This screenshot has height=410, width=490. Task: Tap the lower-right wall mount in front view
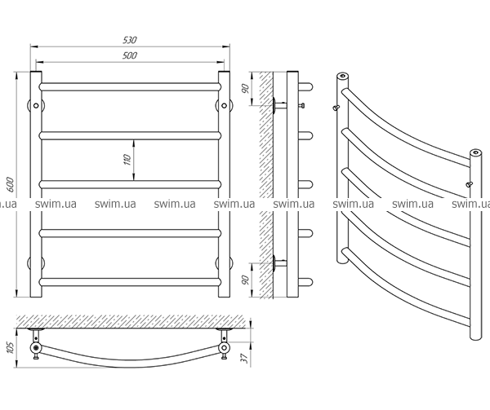(224, 262)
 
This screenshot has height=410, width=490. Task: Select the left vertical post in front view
(36, 187)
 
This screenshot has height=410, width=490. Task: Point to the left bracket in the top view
(36, 342)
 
